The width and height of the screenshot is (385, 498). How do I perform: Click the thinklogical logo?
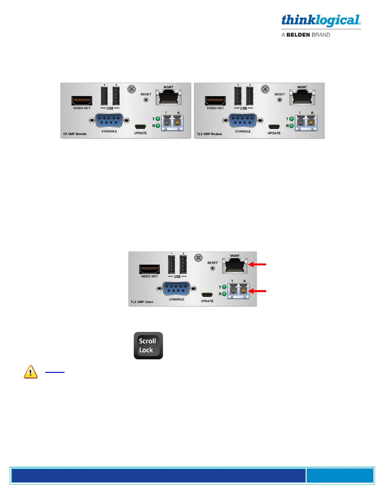coord(321,20)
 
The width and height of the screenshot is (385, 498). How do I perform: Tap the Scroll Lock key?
coord(148,346)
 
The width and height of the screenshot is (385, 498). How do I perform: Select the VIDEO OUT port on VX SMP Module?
coord(82,101)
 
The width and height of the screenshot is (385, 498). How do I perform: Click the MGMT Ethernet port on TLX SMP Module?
coord(302,97)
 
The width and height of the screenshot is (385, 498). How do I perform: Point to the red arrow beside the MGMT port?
coord(257,264)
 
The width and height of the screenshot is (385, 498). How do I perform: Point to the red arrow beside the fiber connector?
coord(257,291)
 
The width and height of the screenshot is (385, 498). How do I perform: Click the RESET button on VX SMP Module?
coord(146,100)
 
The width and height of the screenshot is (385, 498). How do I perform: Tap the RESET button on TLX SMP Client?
coord(213,268)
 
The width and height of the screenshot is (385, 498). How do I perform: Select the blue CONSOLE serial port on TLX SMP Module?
coord(243,121)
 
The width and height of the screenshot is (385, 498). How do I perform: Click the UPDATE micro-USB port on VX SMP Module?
coord(140,127)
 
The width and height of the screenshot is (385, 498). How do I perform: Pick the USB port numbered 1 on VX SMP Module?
coord(104,96)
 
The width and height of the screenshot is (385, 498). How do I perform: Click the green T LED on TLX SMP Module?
coord(292,119)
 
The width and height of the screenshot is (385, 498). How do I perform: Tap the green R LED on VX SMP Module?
coord(158,126)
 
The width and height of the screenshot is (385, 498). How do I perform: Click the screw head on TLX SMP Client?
coord(198,258)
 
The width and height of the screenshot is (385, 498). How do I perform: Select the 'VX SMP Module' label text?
coord(75,134)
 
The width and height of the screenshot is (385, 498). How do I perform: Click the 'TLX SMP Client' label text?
coord(142,302)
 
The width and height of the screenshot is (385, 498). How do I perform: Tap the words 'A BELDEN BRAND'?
coord(305,35)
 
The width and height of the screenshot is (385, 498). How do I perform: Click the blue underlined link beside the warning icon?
coord(55,372)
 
